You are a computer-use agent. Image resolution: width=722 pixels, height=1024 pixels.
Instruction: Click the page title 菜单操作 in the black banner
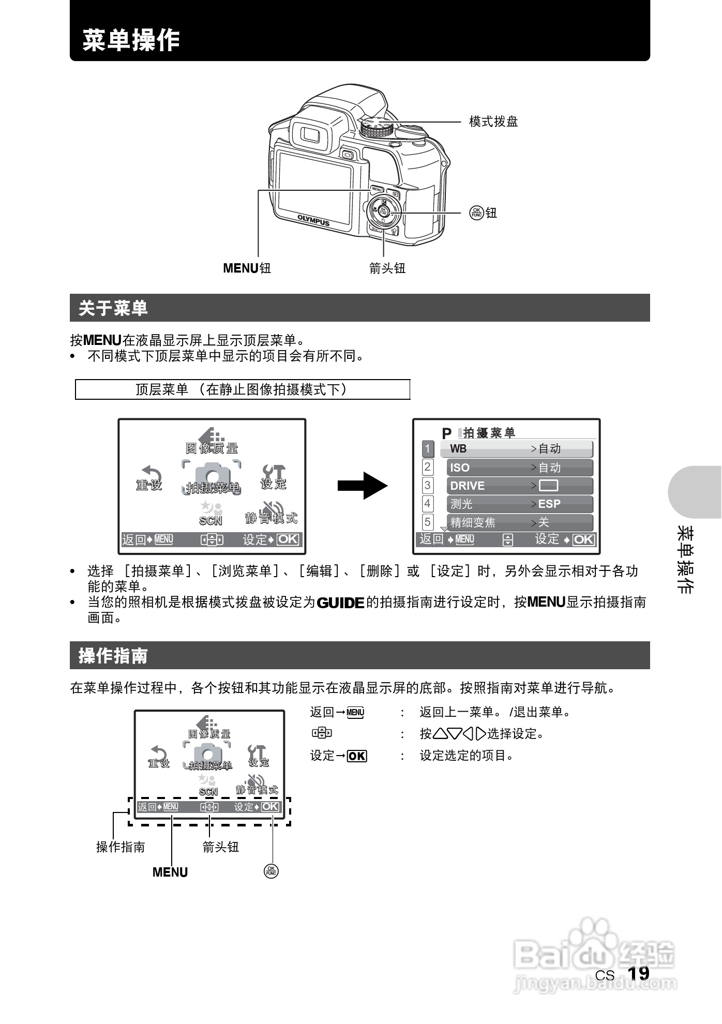tap(131, 40)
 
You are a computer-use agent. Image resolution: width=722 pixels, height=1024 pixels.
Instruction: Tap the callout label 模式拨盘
tap(493, 122)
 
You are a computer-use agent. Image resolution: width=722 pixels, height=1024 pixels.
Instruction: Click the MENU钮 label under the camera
tap(247, 268)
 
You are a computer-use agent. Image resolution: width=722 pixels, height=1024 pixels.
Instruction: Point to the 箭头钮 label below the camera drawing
tap(387, 268)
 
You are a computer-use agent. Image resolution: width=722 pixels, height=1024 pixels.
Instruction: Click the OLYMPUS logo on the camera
tap(313, 220)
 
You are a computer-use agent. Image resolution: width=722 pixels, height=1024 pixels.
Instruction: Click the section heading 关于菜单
tap(113, 308)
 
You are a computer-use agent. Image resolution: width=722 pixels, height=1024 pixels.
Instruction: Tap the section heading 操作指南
tap(113, 656)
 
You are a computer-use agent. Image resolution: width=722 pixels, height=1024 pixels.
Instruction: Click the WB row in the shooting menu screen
tap(516, 449)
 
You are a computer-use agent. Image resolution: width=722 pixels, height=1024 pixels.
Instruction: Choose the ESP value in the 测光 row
tap(549, 504)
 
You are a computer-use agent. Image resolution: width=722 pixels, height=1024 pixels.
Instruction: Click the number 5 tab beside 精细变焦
tap(428, 522)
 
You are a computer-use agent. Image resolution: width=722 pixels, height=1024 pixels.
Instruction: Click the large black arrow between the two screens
tap(363, 485)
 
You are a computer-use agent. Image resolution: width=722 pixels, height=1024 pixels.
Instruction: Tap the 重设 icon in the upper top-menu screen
tap(149, 477)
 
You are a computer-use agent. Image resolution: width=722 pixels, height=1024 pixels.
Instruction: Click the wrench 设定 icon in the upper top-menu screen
tap(274, 476)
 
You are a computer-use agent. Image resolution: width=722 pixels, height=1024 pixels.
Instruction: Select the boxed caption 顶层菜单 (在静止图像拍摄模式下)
tap(242, 389)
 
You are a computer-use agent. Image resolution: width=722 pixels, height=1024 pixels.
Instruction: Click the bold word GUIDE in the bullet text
tap(340, 603)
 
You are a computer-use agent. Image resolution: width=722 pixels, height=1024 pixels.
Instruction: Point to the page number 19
tap(638, 973)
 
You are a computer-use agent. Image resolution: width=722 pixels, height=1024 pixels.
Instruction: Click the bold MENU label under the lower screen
tap(170, 872)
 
